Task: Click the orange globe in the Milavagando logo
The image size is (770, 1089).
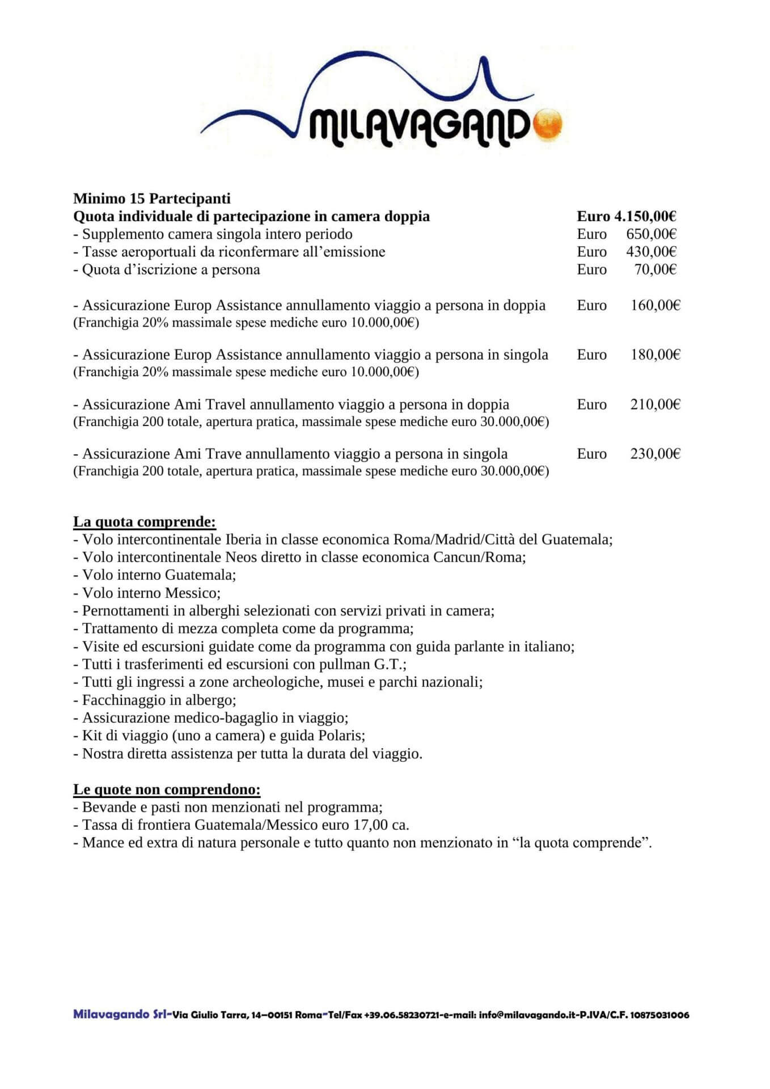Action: pyautogui.click(x=547, y=123)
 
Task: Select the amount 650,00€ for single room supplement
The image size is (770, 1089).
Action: pyautogui.click(x=651, y=234)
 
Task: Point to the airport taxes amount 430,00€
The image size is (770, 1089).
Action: pyautogui.click(x=651, y=251)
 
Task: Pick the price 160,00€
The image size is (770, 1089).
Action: pyautogui.click(x=655, y=305)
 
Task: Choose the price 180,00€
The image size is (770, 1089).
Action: pyautogui.click(x=655, y=354)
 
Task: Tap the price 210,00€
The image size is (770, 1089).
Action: pyautogui.click(x=655, y=404)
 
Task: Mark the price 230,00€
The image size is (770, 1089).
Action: pyautogui.click(x=655, y=454)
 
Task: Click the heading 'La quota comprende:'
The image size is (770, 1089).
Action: pyautogui.click(x=145, y=522)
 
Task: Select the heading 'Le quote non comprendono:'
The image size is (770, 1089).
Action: pyautogui.click(x=167, y=789)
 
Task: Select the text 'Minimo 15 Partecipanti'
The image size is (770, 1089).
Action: pyautogui.click(x=152, y=199)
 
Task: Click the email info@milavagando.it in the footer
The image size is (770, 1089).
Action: pyautogui.click(x=526, y=1015)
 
